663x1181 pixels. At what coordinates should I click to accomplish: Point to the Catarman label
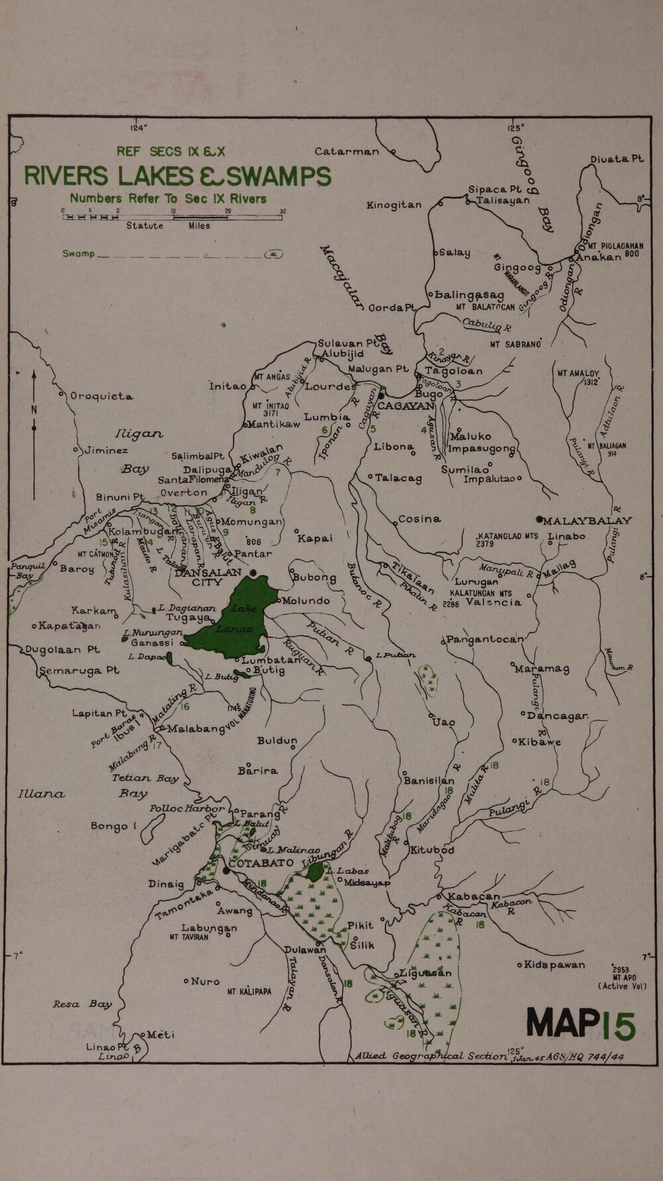[x=347, y=151]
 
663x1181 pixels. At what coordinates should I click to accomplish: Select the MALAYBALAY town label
[x=588, y=521]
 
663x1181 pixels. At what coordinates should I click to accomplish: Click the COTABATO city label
[x=261, y=863]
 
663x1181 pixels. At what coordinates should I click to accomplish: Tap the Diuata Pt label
[x=617, y=159]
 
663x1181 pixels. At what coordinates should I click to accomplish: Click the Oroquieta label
[x=101, y=396]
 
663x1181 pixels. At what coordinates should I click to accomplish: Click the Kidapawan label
[x=555, y=964]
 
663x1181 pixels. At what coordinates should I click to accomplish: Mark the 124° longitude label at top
[x=138, y=128]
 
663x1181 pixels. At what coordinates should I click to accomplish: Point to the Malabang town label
[x=196, y=729]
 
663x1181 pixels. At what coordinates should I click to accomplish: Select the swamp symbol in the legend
[x=273, y=255]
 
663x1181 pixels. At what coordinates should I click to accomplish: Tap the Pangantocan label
[x=485, y=640]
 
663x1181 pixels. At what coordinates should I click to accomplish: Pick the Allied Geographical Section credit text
[x=431, y=1056]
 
